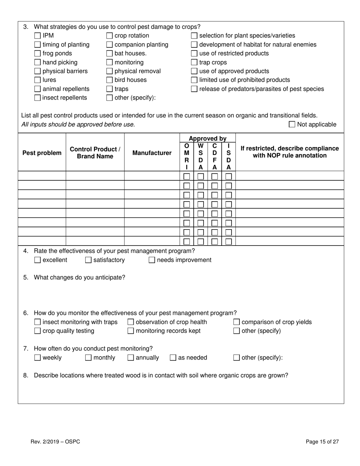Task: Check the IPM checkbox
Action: tap(38, 36)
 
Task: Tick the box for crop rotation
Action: tap(110, 36)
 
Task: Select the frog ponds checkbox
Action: tap(38, 53)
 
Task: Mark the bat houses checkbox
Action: tap(110, 53)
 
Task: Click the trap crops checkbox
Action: tap(194, 63)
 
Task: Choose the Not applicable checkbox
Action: tap(292, 124)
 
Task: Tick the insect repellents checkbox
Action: tap(38, 98)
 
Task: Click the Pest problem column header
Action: tap(42, 153)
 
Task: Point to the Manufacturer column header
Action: tap(152, 153)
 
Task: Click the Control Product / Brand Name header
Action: tap(95, 153)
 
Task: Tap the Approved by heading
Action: tap(207, 139)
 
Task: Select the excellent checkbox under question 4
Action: tap(38, 260)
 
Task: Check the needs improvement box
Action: tap(152, 260)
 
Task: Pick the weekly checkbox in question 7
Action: tap(38, 358)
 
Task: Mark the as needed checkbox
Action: tap(173, 358)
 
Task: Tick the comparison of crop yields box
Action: tap(236, 322)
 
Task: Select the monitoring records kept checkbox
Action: tap(131, 331)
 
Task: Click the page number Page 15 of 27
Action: tap(322, 442)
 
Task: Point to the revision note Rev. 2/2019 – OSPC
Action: tap(55, 442)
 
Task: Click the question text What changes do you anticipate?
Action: tap(80, 277)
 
